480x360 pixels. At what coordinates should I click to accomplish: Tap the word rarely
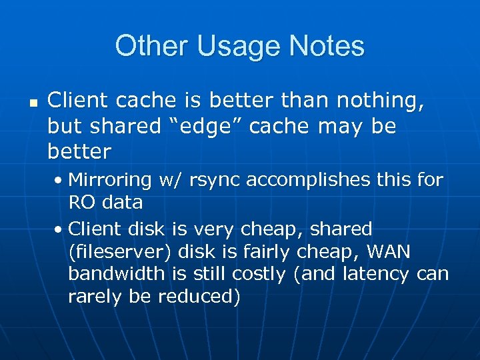93,297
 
